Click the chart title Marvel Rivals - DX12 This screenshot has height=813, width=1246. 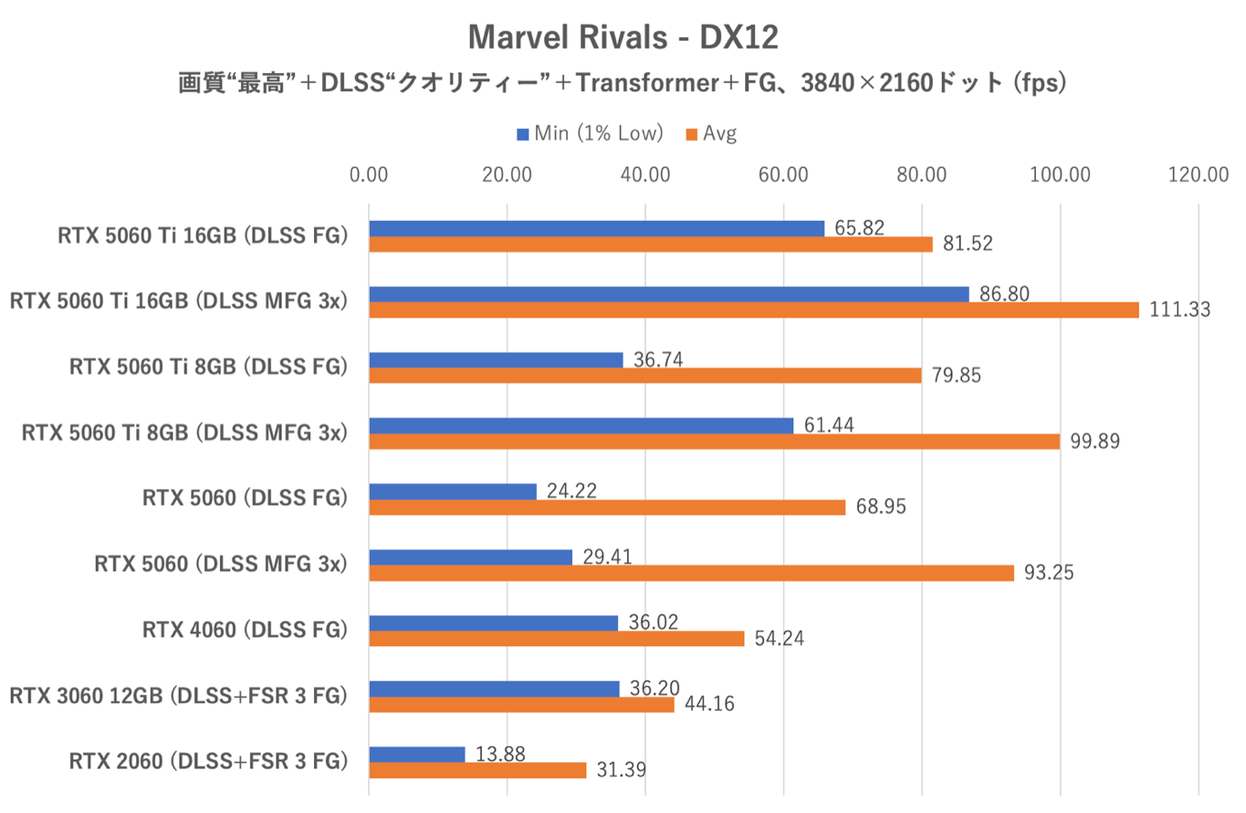pyautogui.click(x=623, y=37)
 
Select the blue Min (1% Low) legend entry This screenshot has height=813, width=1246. pyautogui.click(x=589, y=134)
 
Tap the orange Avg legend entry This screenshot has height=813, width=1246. pyautogui.click(x=712, y=134)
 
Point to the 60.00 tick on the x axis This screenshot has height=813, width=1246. pyautogui.click(x=783, y=174)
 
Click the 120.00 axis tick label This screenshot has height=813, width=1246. pyautogui.click(x=1197, y=174)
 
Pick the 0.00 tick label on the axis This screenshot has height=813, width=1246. pyautogui.click(x=369, y=174)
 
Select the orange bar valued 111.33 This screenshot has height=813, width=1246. pyautogui.click(x=753, y=309)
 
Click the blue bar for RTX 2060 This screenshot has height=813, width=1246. pyautogui.click(x=417, y=754)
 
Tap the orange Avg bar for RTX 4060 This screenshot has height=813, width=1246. pyautogui.click(x=557, y=639)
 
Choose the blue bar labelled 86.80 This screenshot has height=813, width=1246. pyautogui.click(x=669, y=294)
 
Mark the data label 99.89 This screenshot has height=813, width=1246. pyautogui.click(x=1094, y=441)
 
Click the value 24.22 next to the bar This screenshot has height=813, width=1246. pyautogui.click(x=572, y=491)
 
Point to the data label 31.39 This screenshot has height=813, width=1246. pyautogui.click(x=621, y=770)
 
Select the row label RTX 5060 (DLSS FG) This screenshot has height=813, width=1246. pyautogui.click(x=245, y=498)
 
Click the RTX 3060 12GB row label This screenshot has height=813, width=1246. pyautogui.click(x=178, y=696)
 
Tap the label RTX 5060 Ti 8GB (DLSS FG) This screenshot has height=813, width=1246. pyautogui.click(x=208, y=366)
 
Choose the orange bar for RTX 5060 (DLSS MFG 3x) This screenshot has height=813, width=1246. pyautogui.click(x=691, y=573)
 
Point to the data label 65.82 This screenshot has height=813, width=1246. pyautogui.click(x=859, y=227)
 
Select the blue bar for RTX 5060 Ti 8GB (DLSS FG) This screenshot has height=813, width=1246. pyautogui.click(x=495, y=360)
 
